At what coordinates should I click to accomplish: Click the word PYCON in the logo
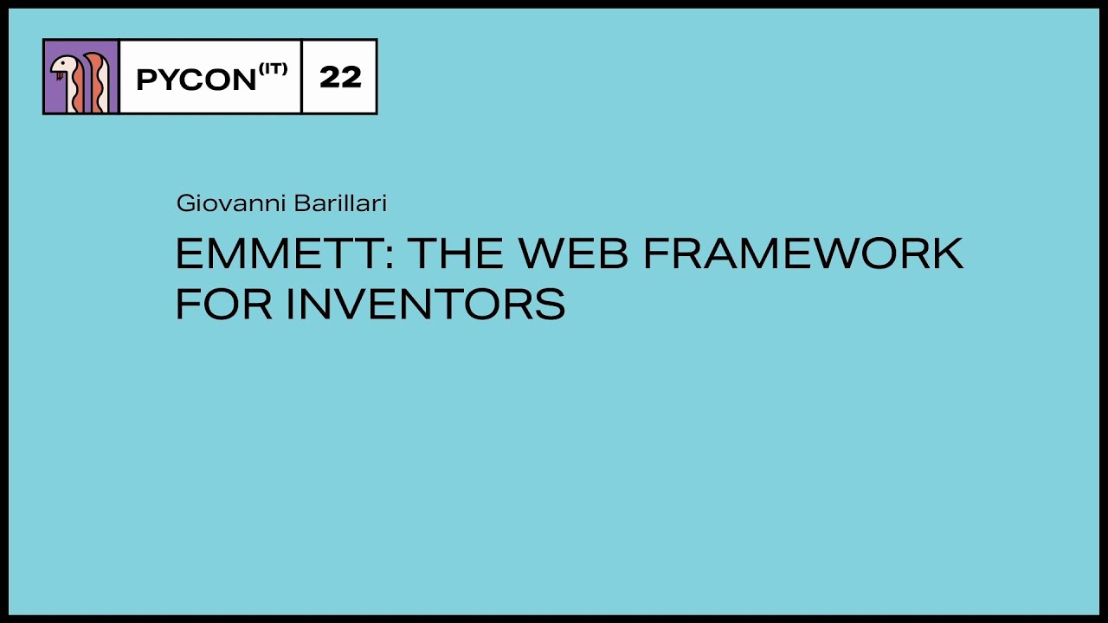pyautogui.click(x=196, y=80)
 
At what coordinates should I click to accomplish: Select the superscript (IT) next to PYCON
pyautogui.click(x=272, y=68)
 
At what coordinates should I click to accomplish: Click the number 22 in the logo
pyautogui.click(x=339, y=77)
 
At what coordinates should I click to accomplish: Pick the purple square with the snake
pyautogui.click(x=81, y=76)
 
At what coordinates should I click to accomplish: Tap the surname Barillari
pyautogui.click(x=339, y=203)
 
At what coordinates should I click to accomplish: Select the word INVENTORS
pyautogui.click(x=426, y=304)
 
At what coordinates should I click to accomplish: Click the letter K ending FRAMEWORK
pyautogui.click(x=946, y=254)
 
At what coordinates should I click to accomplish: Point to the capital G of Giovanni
pyautogui.click(x=184, y=203)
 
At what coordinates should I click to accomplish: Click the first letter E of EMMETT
pyautogui.click(x=190, y=254)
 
